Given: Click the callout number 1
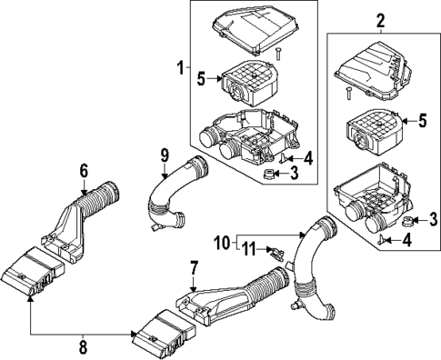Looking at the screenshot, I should (x=180, y=66).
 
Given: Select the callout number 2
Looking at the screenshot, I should (x=380, y=20).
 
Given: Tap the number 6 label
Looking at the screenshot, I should (x=83, y=169).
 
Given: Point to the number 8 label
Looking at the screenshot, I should (x=85, y=346).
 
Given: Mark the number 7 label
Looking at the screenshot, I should (x=193, y=267).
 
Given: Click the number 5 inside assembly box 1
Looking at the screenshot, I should (x=203, y=78).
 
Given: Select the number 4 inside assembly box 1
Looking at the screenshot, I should (x=308, y=156).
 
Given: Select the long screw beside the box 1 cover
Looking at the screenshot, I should (x=279, y=56).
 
